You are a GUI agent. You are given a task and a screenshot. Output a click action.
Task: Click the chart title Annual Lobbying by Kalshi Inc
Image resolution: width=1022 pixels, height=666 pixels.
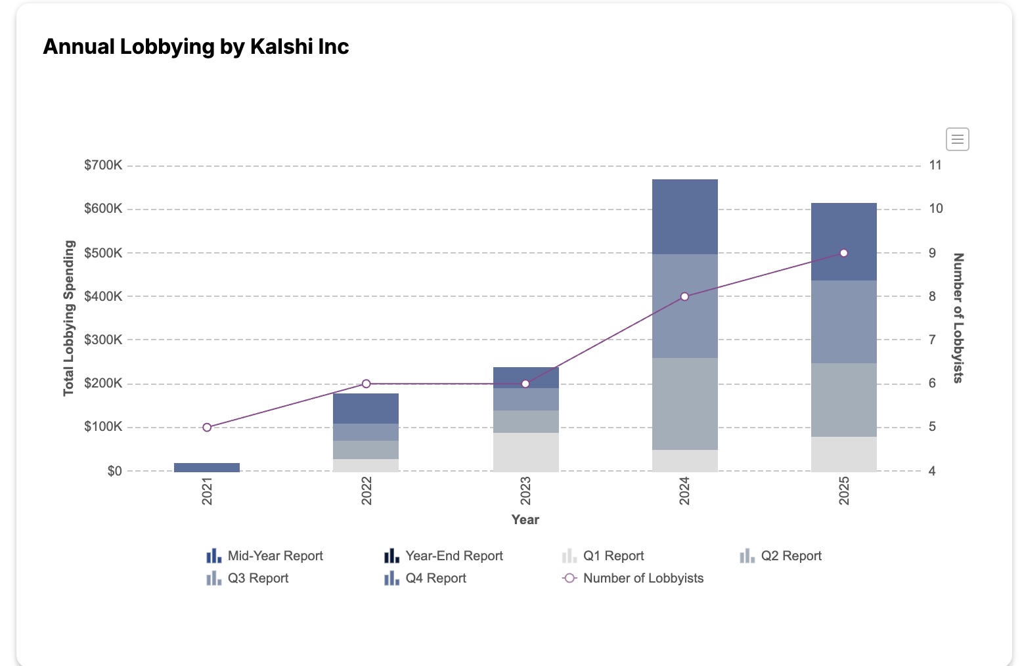point(196,47)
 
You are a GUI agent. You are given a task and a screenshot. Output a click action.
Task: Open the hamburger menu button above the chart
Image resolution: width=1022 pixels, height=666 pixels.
point(957,139)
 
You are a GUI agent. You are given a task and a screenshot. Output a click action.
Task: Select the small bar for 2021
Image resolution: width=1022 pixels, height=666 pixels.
point(207,467)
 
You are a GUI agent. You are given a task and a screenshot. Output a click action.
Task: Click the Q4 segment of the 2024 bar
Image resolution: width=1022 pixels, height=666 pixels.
point(684,217)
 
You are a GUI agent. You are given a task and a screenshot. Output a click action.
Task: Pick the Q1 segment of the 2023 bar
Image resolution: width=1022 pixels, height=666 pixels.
point(525,452)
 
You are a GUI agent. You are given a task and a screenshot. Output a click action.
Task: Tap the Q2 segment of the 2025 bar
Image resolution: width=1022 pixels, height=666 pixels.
point(843,399)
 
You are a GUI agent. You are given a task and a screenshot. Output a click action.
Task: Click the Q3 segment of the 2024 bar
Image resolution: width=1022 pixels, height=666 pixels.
point(684,306)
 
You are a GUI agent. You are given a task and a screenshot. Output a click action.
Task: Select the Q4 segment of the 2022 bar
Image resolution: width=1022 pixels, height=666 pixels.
point(366,409)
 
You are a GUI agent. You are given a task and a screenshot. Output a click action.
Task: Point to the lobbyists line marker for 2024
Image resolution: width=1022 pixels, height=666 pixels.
point(684,297)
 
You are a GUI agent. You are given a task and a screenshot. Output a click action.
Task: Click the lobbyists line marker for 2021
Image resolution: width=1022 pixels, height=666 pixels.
point(207,428)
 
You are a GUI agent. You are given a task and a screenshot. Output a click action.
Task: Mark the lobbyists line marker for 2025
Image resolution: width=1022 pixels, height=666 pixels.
point(843,253)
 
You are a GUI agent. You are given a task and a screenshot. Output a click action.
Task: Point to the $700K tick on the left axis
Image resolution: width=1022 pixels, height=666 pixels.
point(103,166)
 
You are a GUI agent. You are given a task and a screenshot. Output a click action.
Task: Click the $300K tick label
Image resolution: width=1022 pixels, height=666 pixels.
point(103,340)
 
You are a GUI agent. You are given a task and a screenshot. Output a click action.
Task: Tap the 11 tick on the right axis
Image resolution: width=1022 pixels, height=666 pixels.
point(935,166)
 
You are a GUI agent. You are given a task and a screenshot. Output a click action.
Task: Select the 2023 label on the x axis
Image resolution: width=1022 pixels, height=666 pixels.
point(525,491)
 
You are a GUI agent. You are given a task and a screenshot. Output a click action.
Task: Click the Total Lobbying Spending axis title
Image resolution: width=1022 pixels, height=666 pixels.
point(68,319)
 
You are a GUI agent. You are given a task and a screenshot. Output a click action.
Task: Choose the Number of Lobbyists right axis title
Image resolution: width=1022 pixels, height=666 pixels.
point(958,318)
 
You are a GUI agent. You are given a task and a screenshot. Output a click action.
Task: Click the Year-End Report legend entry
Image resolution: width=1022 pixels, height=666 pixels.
point(444,556)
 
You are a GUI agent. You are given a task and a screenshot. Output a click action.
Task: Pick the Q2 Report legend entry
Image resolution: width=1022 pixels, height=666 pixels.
point(781,556)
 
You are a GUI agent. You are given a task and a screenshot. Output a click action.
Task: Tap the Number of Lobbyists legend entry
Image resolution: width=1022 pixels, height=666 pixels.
point(633,579)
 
